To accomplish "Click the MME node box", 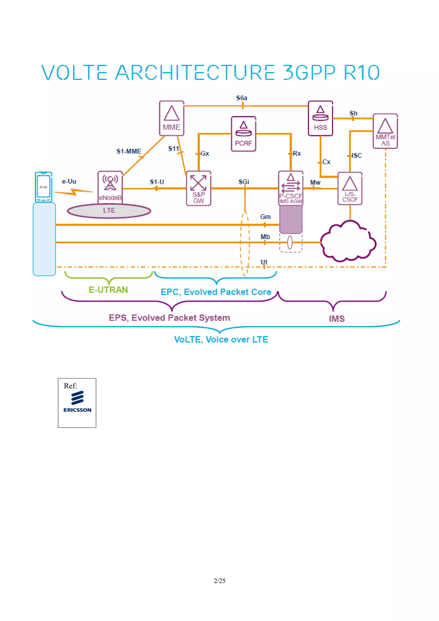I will [x=171, y=118].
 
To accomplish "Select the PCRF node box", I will [x=244, y=134].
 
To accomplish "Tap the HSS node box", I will [x=320, y=118].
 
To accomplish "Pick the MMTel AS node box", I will [x=385, y=131].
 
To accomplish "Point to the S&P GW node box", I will [x=198, y=188].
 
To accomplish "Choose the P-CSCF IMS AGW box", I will [x=291, y=188].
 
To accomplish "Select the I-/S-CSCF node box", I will [x=350, y=189].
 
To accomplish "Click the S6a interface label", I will [x=242, y=98].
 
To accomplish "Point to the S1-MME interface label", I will [x=129, y=151].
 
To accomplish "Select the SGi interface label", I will [x=244, y=182].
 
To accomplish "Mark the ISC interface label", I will [x=357, y=156].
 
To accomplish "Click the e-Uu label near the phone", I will [x=69, y=181].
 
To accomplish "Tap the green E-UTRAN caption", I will [x=108, y=290].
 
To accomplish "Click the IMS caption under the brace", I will [x=337, y=319].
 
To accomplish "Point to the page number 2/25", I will [x=219, y=581].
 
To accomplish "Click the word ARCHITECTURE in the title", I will [x=195, y=72].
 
